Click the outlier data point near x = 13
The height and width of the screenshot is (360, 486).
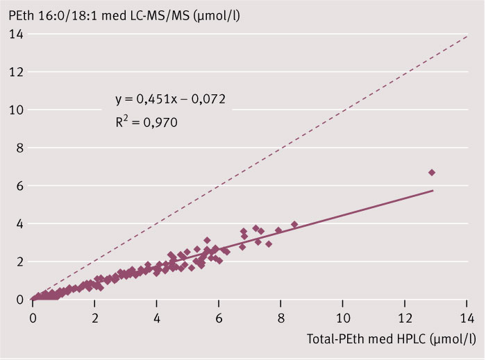(432, 172)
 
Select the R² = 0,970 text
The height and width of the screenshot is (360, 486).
(147, 122)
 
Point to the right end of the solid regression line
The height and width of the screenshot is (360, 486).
(433, 190)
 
